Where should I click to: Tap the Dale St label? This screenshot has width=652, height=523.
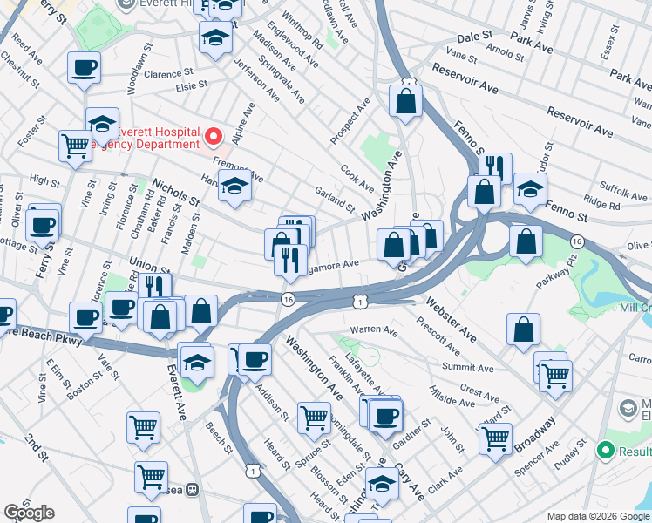pyautogui.click(x=475, y=37)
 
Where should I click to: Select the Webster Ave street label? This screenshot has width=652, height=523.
pyautogui.click(x=451, y=318)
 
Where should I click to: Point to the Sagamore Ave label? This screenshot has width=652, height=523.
pyautogui.click(x=332, y=264)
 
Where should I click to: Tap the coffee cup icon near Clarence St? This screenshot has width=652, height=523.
pyautogui.click(x=84, y=67)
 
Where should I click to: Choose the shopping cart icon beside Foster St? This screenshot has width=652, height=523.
pyautogui.click(x=75, y=145)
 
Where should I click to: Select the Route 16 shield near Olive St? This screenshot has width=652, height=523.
pyautogui.click(x=576, y=241)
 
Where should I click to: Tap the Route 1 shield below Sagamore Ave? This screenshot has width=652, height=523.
pyautogui.click(x=359, y=301)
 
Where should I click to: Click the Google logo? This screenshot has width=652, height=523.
pyautogui.click(x=29, y=513)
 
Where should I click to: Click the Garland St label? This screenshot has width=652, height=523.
pyautogui.click(x=335, y=199)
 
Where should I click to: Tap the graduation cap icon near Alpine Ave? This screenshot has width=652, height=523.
pyautogui.click(x=234, y=185)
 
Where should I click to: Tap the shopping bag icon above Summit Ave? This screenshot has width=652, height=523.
pyautogui.click(x=523, y=329)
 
